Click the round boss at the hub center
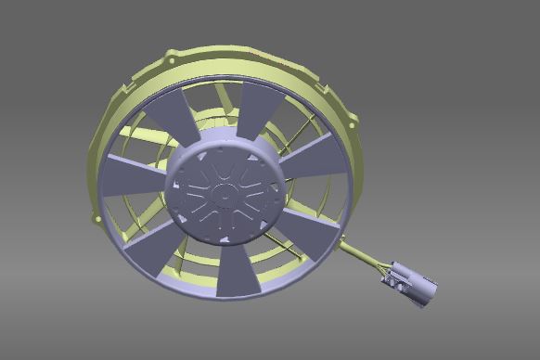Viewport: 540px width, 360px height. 224,193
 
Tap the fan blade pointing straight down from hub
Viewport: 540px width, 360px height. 238,269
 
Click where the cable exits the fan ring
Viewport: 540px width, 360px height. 342,243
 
